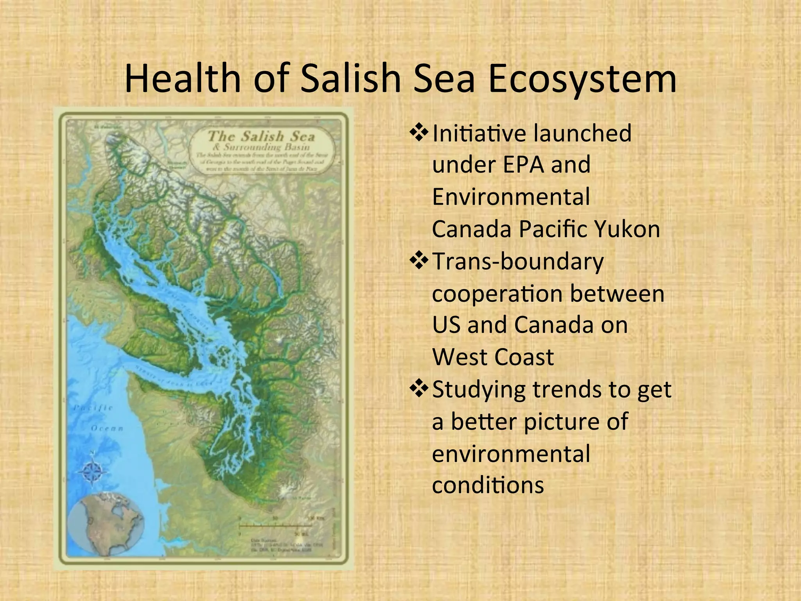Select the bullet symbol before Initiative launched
point(419,133)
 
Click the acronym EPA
point(523,165)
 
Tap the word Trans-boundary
point(518,261)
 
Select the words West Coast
point(493,357)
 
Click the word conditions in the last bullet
point(488,485)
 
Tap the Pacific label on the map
point(93,408)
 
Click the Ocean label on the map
point(107,428)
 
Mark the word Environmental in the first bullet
point(511,197)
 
